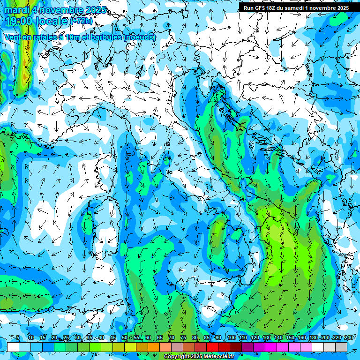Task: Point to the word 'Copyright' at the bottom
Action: point(177,357)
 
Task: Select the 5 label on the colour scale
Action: point(18,338)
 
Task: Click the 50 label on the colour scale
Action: point(124,338)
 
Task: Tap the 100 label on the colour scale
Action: point(231,338)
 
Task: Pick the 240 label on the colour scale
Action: point(349,338)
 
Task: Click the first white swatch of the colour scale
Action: point(13,347)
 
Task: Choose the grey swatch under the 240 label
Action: point(342,347)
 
